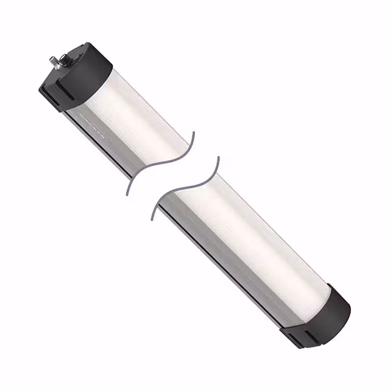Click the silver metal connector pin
[x=52, y=61]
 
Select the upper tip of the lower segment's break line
[x=217, y=158]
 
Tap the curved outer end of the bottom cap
[x=345, y=311]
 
